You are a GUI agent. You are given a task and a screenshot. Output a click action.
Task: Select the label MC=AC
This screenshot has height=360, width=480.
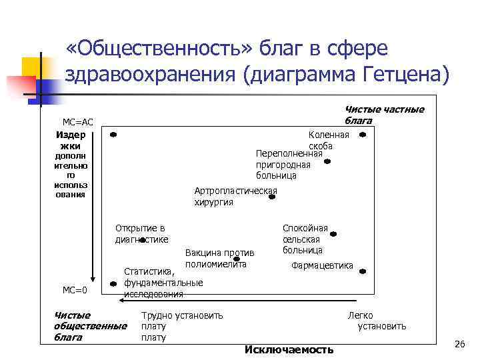tap(78, 122)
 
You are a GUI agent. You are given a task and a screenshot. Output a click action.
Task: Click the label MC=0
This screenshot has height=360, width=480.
tap(75, 290)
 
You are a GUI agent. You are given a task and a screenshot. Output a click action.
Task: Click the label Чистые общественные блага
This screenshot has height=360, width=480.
tap(90, 326)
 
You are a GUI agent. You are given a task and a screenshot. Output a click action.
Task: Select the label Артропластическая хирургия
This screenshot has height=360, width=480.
tap(235, 197)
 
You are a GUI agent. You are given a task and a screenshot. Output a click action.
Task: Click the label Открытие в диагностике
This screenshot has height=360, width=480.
tap(141, 233)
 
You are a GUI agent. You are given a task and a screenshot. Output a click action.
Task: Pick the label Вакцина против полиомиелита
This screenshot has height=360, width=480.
tap(219, 259)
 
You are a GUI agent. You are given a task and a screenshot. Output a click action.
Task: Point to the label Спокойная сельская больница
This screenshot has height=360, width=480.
tap(305, 239)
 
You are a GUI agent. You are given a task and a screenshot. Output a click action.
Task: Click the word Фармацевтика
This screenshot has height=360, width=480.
tap(323, 265)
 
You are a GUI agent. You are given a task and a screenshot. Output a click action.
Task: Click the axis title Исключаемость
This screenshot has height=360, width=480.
tap(289, 350)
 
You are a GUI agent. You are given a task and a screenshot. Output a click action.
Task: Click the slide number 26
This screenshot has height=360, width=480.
tap(458, 343)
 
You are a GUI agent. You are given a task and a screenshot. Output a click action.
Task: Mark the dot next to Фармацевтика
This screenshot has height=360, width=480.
tap(363, 271)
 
